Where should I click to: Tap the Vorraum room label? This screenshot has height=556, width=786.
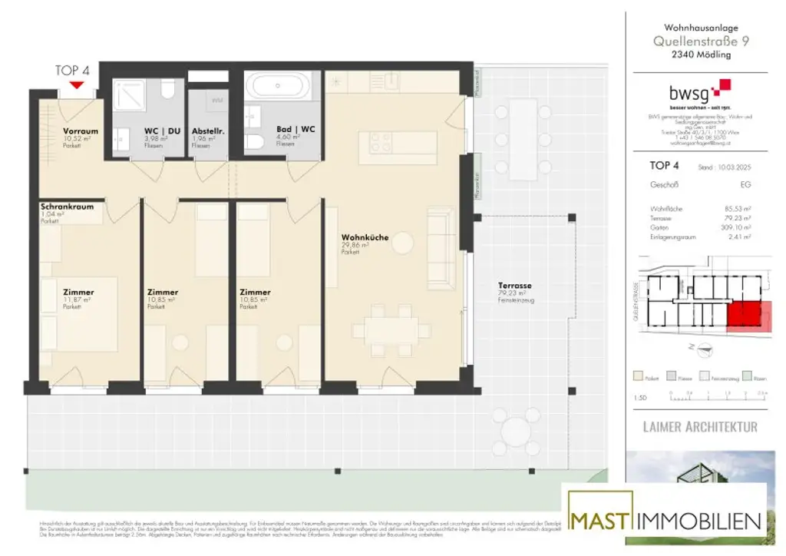click(x=80, y=131)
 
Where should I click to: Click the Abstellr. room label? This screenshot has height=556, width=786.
click(x=206, y=131)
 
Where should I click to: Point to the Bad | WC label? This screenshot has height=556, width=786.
click(x=296, y=129)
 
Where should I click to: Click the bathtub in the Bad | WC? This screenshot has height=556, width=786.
click(x=278, y=86)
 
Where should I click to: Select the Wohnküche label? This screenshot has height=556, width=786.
click(x=365, y=238)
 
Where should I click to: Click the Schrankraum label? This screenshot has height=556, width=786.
click(x=68, y=207)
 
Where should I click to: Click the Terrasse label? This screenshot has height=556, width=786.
click(x=514, y=286)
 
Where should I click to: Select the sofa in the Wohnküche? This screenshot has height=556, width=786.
click(x=441, y=248)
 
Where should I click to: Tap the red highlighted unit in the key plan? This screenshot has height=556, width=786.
click(x=745, y=316)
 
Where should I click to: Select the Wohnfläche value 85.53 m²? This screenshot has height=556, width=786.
click(x=735, y=208)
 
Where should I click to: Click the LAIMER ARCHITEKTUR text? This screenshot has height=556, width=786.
click(x=699, y=426)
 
